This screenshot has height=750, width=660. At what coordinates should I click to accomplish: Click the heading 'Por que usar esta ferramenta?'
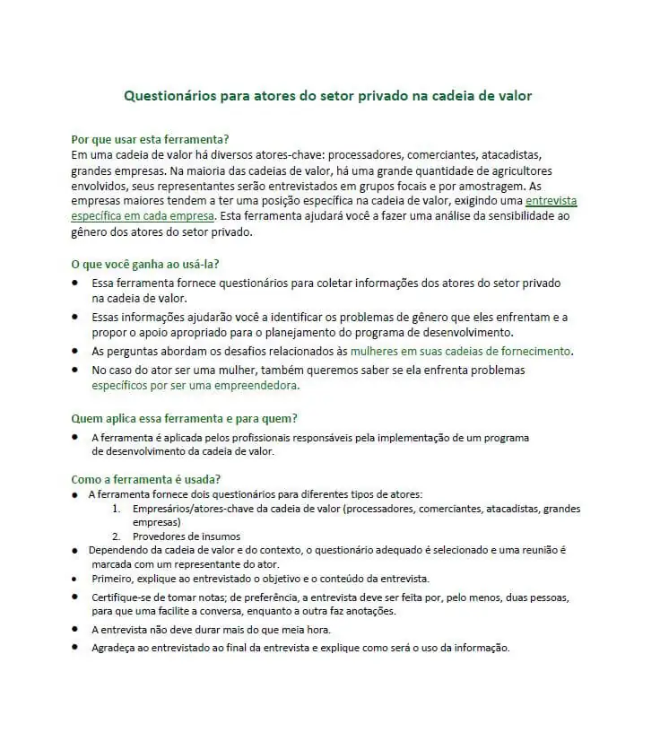[x=150, y=139]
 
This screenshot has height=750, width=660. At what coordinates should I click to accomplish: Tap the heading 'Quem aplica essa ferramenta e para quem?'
[x=184, y=418]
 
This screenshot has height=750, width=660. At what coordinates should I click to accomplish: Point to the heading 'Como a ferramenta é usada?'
[x=145, y=479]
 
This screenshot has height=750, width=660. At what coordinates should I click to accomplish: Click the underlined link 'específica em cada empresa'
[x=143, y=216]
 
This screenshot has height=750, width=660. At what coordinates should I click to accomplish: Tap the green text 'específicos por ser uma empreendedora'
[x=195, y=386]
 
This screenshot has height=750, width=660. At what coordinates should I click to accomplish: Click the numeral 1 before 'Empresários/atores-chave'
[x=117, y=509]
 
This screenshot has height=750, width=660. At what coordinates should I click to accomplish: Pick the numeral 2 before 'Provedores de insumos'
[x=117, y=536]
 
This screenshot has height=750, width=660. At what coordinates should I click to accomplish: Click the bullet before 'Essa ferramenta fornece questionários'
[x=75, y=283]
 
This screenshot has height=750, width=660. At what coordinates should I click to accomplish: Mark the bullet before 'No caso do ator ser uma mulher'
[x=75, y=370]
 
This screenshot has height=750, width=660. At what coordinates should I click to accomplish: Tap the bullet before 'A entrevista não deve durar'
[x=75, y=629]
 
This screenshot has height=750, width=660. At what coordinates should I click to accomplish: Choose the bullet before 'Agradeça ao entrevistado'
[x=75, y=647]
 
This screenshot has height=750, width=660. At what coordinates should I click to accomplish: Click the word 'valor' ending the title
[x=514, y=95]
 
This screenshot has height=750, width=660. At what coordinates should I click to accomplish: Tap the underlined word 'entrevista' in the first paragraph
[x=551, y=201]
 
